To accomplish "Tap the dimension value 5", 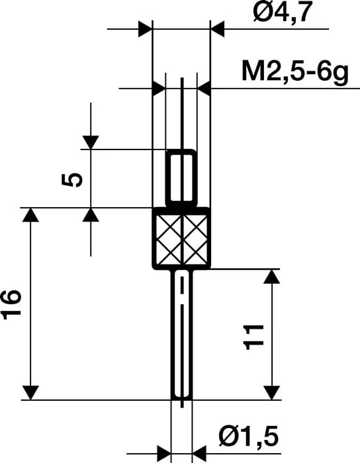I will coord(75,179).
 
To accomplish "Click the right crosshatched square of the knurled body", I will coord(196,238).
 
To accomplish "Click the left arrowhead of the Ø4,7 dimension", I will coord(145,29).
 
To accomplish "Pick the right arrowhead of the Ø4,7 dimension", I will coord(218,29).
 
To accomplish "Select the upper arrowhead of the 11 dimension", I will coord(271,276).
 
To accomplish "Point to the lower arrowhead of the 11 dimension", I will coord(271,392).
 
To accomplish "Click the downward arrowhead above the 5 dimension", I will coord(91,142).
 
